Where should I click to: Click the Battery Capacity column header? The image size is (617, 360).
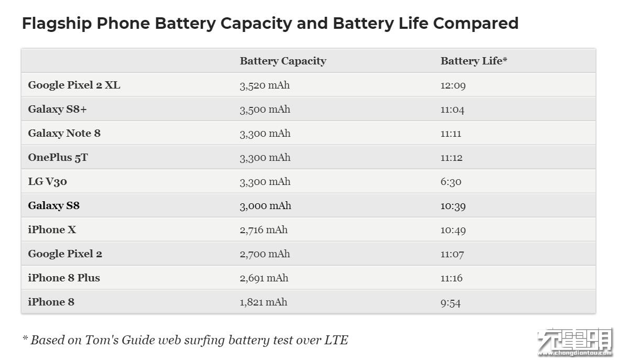[283, 61]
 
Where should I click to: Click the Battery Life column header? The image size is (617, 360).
[473, 61]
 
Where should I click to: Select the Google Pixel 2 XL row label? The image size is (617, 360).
[74, 85]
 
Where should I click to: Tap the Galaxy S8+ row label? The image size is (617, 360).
[57, 109]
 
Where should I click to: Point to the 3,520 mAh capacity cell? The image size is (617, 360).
[265, 85]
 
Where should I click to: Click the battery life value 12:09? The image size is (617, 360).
[453, 85]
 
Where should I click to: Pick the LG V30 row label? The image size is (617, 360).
[48, 181]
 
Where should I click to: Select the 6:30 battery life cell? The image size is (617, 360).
[451, 182]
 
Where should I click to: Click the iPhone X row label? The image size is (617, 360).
[52, 230]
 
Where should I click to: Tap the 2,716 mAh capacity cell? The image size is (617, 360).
[264, 230]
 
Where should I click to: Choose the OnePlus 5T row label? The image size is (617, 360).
[58, 157]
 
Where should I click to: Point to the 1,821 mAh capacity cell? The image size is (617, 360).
[263, 302]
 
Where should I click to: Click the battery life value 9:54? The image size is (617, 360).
[450, 302]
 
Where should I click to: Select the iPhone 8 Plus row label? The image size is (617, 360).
[64, 278]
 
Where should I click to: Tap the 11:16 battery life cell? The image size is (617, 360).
[451, 278]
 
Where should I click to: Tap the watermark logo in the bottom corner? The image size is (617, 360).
[574, 342]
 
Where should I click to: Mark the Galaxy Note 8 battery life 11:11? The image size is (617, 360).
[451, 134]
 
